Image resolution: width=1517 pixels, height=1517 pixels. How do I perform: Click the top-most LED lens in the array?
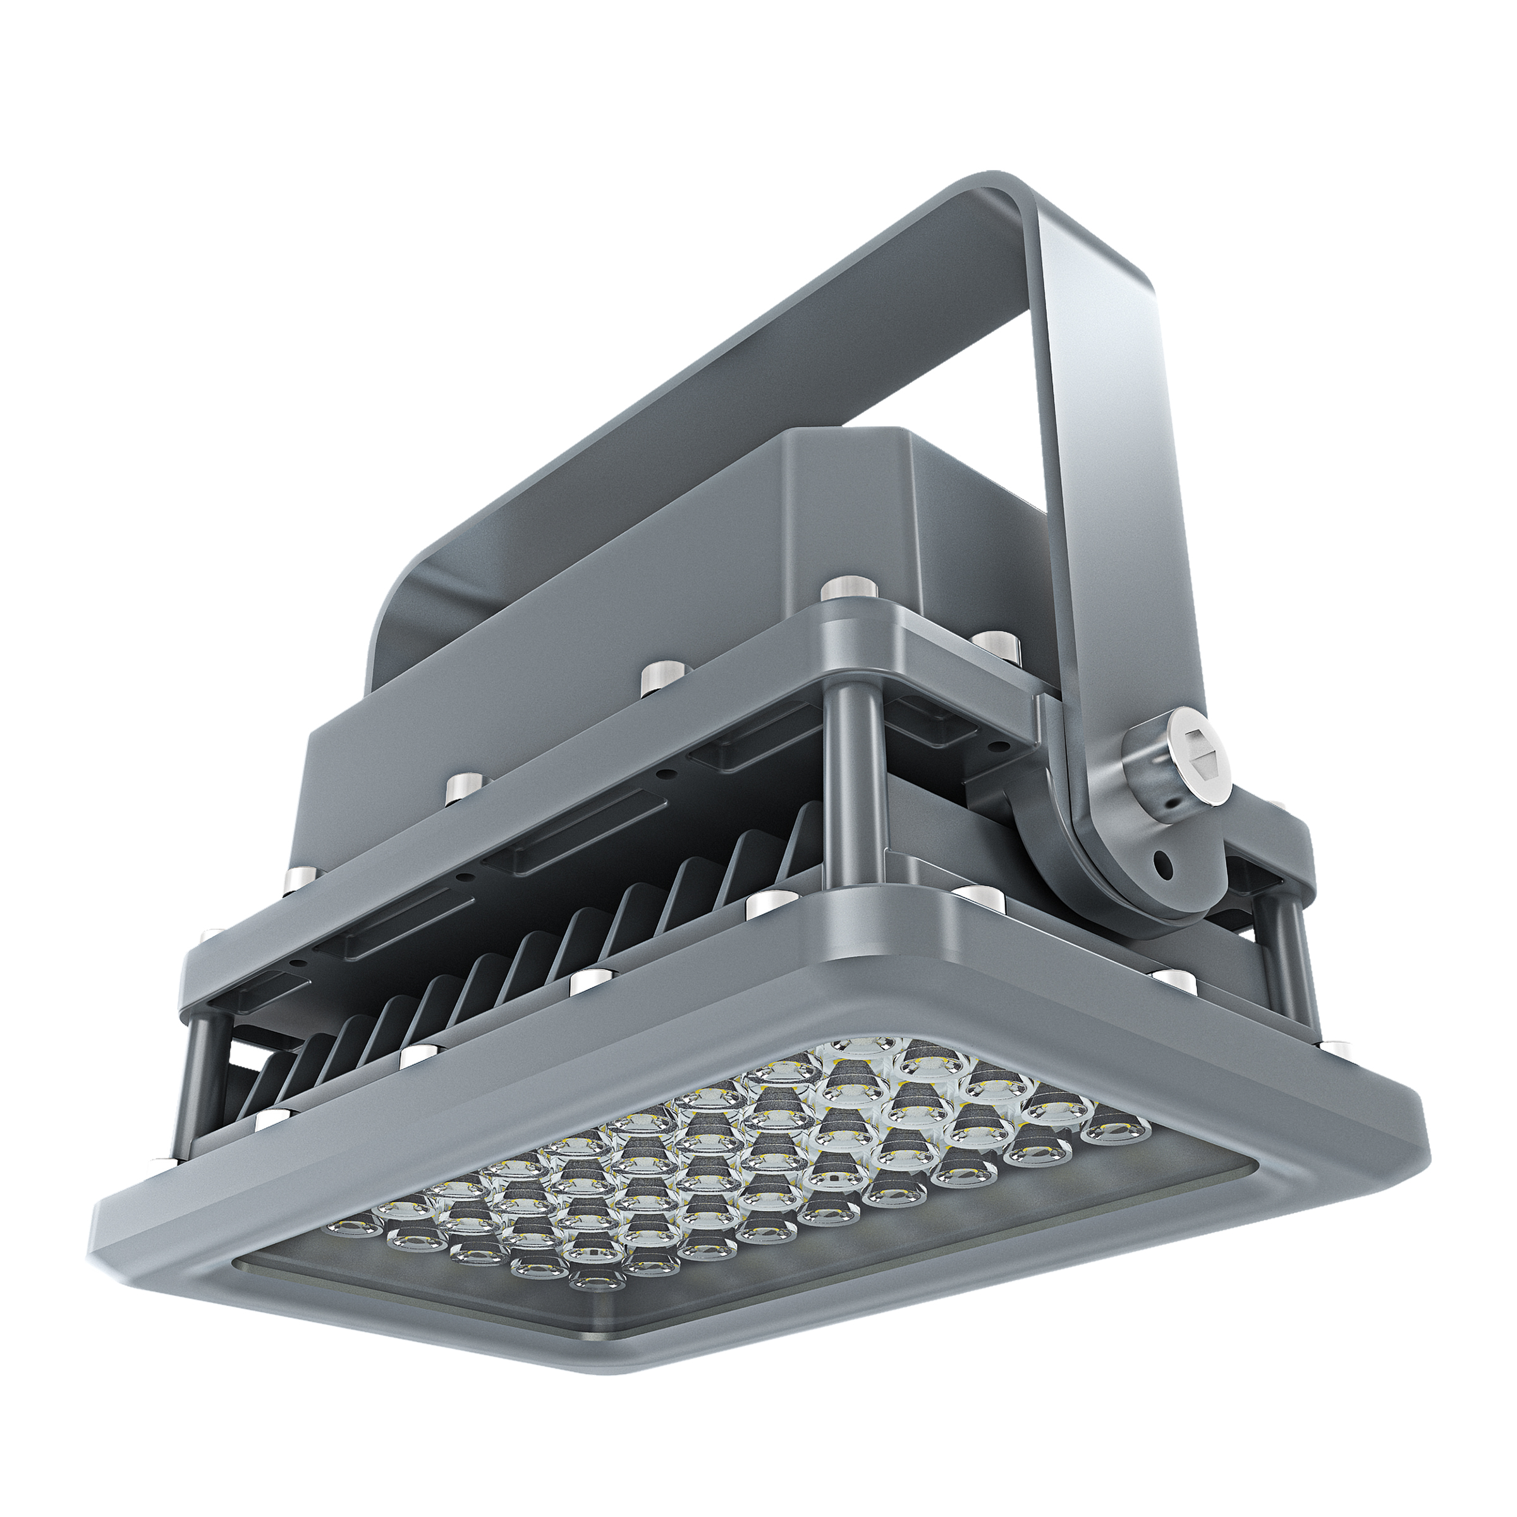[862, 1044]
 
